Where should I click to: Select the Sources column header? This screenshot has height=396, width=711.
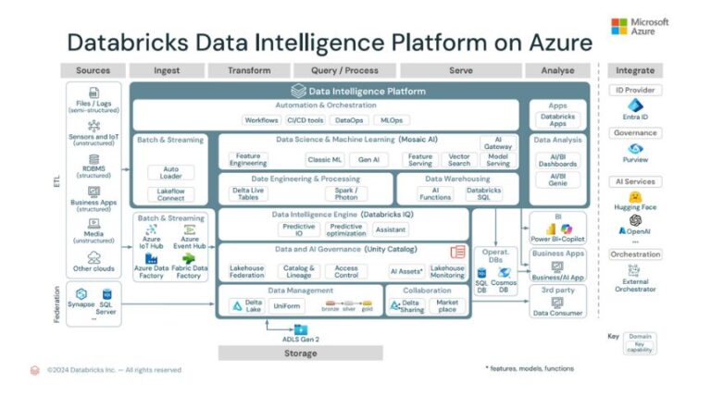pyautogui.click(x=93, y=70)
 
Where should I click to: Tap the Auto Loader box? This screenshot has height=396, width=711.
pyautogui.click(x=170, y=173)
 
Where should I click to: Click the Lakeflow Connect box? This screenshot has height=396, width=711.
pyautogui.click(x=170, y=194)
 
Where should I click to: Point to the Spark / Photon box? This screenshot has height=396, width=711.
pyautogui.click(x=345, y=193)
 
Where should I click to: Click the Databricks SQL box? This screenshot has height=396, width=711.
pyautogui.click(x=483, y=193)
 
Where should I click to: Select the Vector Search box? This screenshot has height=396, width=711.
pyautogui.click(x=457, y=159)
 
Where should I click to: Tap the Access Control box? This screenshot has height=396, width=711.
pyautogui.click(x=346, y=272)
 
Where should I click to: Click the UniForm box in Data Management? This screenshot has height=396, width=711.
pyautogui.click(x=288, y=305)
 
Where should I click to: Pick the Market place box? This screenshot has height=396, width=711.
pyautogui.click(x=447, y=304)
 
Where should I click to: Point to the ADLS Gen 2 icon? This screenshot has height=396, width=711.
pyautogui.click(x=299, y=329)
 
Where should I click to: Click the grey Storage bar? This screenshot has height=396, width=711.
pyautogui.click(x=300, y=353)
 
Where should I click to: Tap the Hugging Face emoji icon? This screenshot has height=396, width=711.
pyautogui.click(x=635, y=196)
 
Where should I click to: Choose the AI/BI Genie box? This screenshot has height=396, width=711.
pyautogui.click(x=557, y=179)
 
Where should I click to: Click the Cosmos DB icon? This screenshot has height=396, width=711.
pyautogui.click(x=505, y=273)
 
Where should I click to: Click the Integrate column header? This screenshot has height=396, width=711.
pyautogui.click(x=635, y=70)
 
